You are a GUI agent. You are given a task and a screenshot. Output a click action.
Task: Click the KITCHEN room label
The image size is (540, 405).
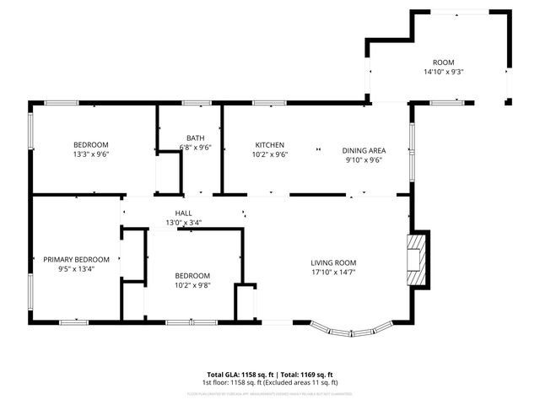[x=270, y=145]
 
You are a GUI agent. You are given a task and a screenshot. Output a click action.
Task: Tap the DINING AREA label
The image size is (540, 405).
[x=363, y=150]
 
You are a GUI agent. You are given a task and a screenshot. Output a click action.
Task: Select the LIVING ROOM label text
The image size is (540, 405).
[x=333, y=262]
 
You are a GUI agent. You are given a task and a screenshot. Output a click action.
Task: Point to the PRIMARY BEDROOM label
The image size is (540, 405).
[x=76, y=259]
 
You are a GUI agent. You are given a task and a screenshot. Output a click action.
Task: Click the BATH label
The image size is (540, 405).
[x=195, y=138]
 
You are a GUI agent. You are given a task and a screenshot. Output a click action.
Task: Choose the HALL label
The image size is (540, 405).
[x=183, y=213]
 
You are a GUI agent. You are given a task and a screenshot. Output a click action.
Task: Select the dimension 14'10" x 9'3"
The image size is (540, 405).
[x=444, y=73]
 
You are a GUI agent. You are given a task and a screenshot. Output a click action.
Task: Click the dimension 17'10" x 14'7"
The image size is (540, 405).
[x=333, y=272]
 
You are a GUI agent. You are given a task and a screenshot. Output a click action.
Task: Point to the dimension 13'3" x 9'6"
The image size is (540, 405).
[x=91, y=154]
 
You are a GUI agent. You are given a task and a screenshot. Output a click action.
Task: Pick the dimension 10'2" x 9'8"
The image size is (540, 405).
[x=192, y=285]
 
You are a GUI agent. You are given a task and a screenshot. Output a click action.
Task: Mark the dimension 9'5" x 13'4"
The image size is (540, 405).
[x=76, y=269]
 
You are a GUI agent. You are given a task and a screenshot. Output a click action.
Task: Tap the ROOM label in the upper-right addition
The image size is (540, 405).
[x=444, y=62]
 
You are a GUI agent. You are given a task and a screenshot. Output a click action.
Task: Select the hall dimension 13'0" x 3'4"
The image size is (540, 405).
[x=183, y=223]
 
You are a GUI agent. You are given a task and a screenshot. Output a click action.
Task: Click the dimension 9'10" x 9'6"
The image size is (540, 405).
[x=363, y=160]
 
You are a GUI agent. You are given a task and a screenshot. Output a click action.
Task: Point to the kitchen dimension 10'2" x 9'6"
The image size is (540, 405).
[x=270, y=154]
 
